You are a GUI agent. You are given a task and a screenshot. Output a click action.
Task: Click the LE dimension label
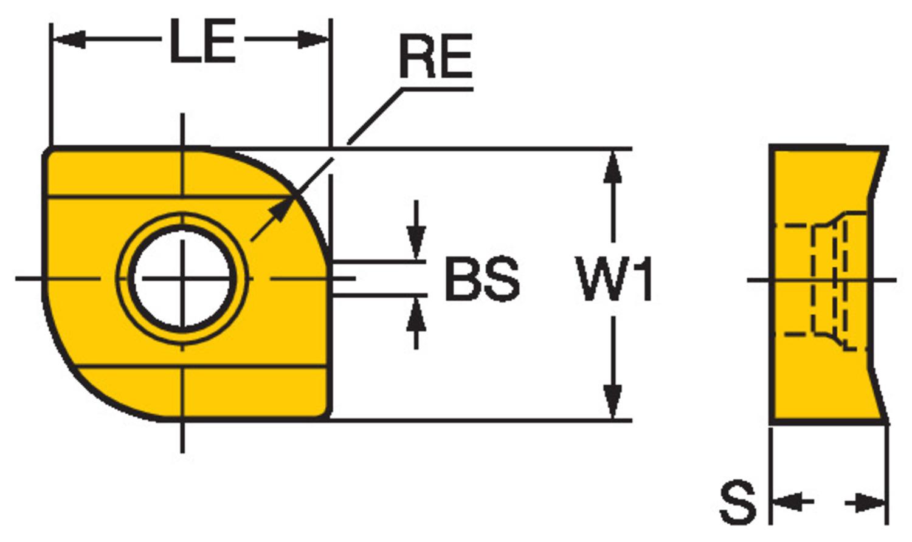pos(202,41)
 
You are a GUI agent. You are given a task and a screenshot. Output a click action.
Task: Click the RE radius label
pos(435,57)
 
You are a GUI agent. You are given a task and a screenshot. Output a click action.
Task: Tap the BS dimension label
pos(482,280)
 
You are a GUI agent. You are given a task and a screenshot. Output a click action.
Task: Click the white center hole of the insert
pos(182,279)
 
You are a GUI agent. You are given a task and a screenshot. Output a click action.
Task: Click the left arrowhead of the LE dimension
pos(66,41)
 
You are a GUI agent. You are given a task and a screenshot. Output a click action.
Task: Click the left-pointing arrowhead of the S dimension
pos(784,503)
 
